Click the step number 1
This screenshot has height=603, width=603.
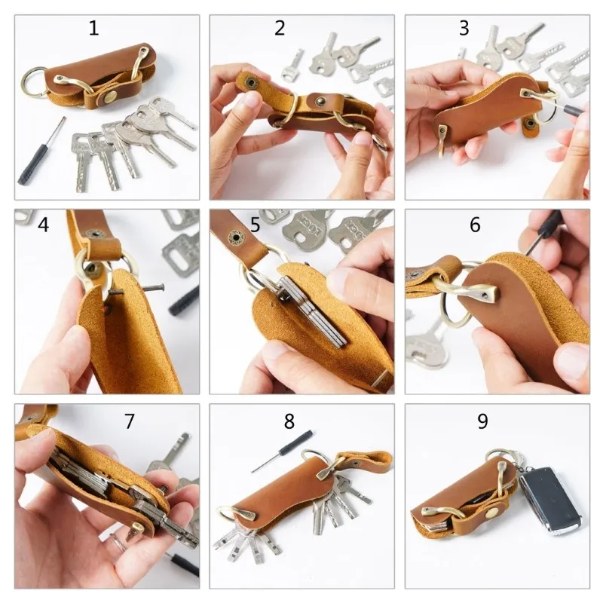pyautogui.click(x=93, y=28)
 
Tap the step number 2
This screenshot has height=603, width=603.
pyautogui.click(x=280, y=28)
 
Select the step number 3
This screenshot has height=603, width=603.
pyautogui.click(x=464, y=28)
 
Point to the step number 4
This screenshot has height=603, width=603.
pyautogui.click(x=43, y=225)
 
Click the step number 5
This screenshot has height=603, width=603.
pyautogui.click(x=255, y=225)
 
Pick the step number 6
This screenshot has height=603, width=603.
pyautogui.click(x=476, y=225)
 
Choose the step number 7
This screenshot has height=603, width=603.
pyautogui.click(x=130, y=421)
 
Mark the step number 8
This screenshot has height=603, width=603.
pyautogui.click(x=289, y=421)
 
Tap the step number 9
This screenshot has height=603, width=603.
pyautogui.click(x=482, y=421)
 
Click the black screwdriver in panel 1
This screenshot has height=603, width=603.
pyautogui.click(x=41, y=152)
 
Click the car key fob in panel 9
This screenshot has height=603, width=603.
pyautogui.click(x=551, y=500)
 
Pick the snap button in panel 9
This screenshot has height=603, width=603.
pyautogui.click(x=492, y=513)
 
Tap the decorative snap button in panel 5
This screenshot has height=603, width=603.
pyautogui.click(x=234, y=237)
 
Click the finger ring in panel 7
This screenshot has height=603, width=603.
pyautogui.click(x=118, y=541)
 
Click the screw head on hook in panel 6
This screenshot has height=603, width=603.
pyautogui.click(x=488, y=295)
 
